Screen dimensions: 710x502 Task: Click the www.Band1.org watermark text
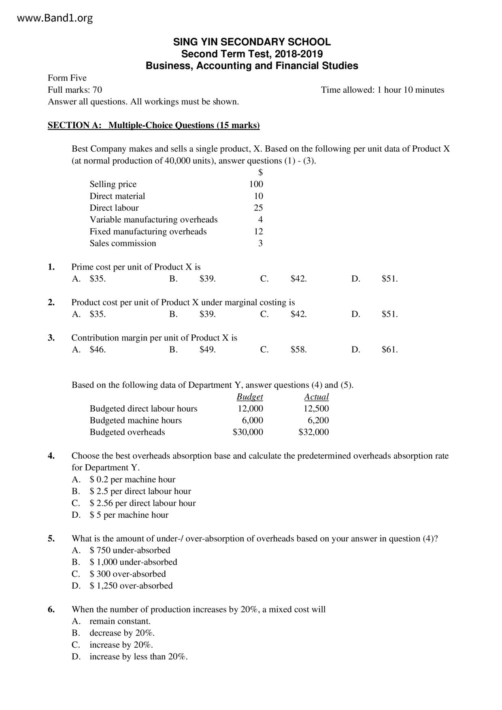coord(55,18)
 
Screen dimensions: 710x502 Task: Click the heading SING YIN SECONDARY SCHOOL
coord(252,42)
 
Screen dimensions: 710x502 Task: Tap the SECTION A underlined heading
coord(153,125)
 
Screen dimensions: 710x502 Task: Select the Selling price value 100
coord(256,184)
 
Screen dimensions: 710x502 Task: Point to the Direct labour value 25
coord(258,208)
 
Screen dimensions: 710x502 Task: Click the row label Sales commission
coord(123,243)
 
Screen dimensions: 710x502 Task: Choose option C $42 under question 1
coord(298,279)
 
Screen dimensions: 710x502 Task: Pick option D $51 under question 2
coord(389,314)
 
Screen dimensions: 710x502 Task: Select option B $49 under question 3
coord(207,350)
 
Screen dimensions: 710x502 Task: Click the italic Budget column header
coord(250,397)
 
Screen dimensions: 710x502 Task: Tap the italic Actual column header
coord(316,397)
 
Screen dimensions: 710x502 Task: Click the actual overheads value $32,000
coord(313,432)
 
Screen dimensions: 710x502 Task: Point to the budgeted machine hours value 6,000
coord(252,421)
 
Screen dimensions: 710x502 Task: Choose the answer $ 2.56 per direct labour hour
coord(143,503)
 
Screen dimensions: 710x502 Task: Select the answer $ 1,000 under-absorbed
coord(133,562)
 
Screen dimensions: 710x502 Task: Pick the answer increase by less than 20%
coord(138,657)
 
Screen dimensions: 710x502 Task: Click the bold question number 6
coord(51,610)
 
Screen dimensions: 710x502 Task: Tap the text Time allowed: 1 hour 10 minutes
coord(383,90)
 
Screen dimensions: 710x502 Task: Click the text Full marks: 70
coord(75,90)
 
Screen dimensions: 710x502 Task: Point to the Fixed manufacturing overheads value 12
coord(258,232)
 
